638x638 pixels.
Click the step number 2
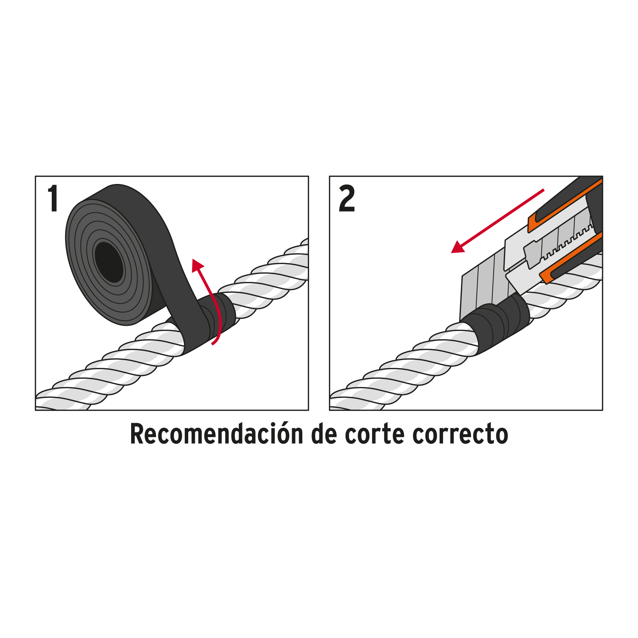347,198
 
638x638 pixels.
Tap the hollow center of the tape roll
109,262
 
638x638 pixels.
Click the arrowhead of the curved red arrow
197,265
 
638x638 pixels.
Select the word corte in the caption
375,435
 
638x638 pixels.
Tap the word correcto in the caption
460,435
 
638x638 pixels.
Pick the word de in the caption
324,434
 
